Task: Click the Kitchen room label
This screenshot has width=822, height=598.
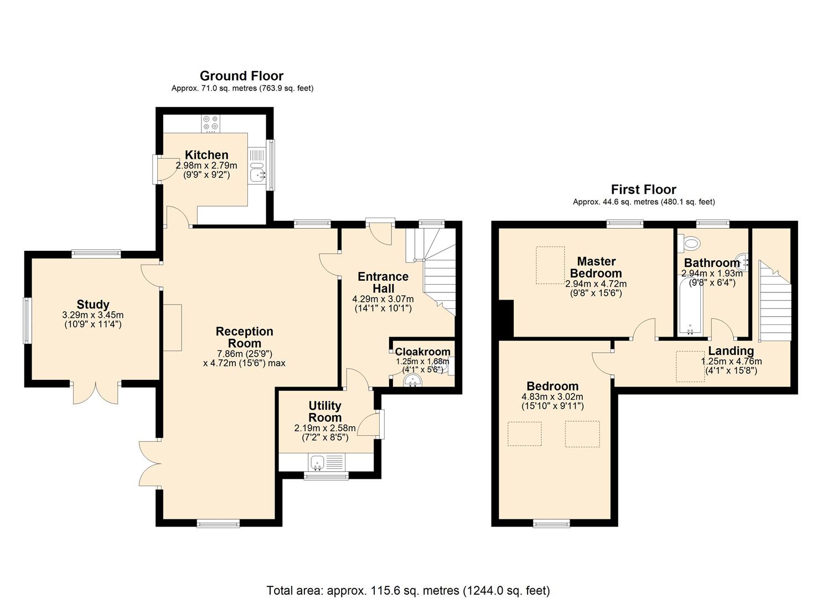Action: tap(206, 155)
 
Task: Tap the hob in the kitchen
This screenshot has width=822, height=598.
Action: tap(211, 123)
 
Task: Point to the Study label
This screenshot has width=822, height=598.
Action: tap(93, 305)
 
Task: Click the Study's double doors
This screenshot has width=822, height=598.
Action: tap(95, 393)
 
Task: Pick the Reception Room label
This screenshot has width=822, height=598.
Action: tap(245, 337)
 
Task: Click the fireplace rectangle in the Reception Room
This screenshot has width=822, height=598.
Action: tap(172, 327)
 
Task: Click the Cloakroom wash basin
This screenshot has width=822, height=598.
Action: tap(413, 381)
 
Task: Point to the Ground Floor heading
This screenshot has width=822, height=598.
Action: tap(241, 76)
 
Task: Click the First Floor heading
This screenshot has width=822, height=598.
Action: tap(643, 189)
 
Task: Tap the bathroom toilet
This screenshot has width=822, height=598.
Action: tap(690, 244)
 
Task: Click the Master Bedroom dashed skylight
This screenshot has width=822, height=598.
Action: tap(550, 265)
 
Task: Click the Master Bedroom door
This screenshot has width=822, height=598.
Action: tap(644, 328)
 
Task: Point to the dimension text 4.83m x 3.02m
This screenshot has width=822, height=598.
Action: tap(552, 397)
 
